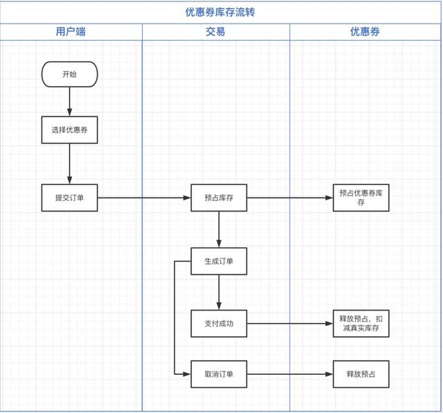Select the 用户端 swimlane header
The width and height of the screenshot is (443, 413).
(71, 32)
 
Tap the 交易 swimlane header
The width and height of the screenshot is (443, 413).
(215, 32)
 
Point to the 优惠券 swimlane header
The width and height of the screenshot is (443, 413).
(365, 32)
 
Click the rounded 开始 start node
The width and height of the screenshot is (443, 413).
(69, 74)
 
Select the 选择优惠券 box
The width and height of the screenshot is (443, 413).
(69, 130)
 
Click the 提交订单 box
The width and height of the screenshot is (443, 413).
(69, 198)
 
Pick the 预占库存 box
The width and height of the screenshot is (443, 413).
(219, 198)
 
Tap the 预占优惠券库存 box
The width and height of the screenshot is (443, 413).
(361, 198)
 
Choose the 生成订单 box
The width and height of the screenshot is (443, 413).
(219, 261)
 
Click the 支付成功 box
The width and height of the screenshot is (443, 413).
(219, 324)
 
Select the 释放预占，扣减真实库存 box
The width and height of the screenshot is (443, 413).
(361, 324)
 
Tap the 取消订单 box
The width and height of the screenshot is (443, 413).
(219, 374)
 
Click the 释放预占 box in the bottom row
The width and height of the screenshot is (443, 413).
(361, 374)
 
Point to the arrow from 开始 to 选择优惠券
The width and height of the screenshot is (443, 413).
(70, 101)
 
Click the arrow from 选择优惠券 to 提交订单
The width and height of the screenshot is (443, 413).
(70, 164)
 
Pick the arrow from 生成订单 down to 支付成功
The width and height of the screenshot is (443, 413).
(219, 292)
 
